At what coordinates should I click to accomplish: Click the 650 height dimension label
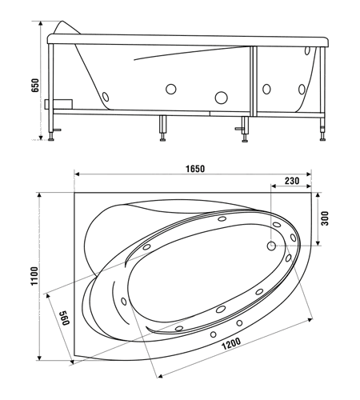point(35,86)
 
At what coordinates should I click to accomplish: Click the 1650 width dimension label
point(195,169)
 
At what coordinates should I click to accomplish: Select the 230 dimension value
point(292,181)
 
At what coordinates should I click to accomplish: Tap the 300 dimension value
point(325,218)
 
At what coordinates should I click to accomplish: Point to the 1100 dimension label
point(34,276)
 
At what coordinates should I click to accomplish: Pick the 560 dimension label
point(64,318)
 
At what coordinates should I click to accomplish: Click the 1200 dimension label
point(231,344)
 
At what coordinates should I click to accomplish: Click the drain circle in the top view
point(271,246)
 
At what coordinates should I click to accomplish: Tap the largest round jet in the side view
point(221,98)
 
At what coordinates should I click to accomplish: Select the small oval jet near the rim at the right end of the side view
point(307,50)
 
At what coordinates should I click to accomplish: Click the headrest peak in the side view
point(63,22)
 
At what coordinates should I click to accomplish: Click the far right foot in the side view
point(322,139)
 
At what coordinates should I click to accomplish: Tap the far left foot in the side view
point(50,139)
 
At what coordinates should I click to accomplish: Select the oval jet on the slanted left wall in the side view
point(106,97)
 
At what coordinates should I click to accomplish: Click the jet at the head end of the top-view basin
point(124,302)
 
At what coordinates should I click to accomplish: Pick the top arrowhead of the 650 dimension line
point(41,23)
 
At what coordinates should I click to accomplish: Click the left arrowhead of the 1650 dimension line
point(77,174)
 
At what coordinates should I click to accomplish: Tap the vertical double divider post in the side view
point(254,82)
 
